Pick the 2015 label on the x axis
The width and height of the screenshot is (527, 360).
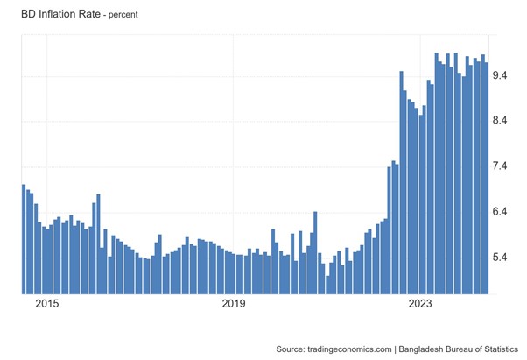(46, 304)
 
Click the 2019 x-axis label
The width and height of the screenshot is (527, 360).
(233, 304)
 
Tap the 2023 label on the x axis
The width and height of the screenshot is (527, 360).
(419, 304)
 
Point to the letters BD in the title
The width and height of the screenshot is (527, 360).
(16, 14)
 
